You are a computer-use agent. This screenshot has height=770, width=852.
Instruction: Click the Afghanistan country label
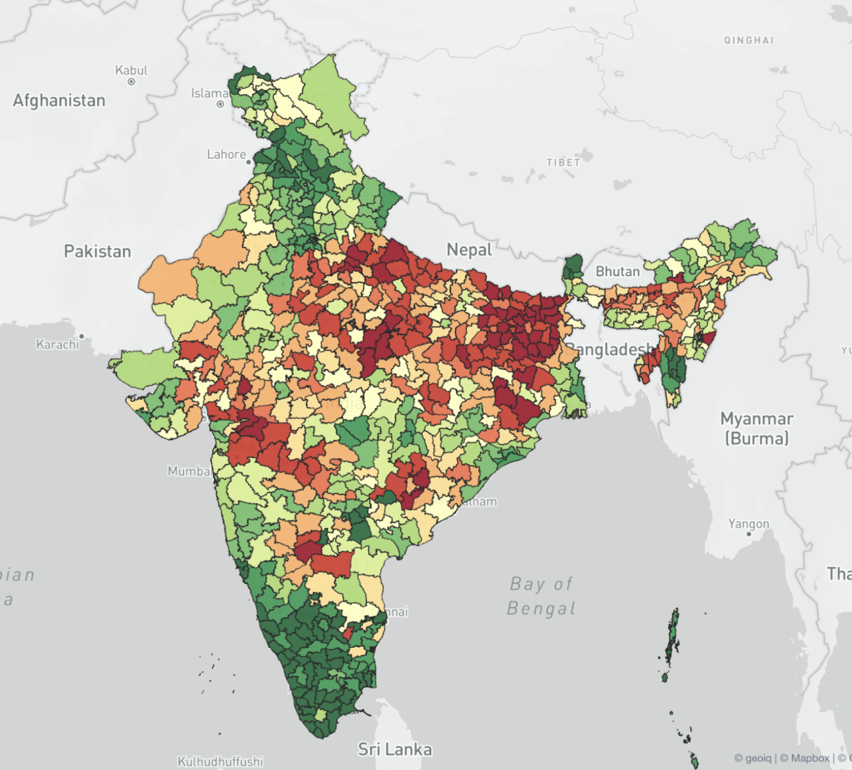59,101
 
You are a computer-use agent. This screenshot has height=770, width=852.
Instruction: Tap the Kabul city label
131,71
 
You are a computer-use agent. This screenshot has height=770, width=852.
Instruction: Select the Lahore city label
226,154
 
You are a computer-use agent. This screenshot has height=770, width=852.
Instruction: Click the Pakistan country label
97,251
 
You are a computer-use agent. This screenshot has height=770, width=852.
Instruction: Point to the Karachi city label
57,343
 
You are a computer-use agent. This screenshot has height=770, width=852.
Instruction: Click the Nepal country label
469,249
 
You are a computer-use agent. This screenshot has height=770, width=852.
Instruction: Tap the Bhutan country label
617,271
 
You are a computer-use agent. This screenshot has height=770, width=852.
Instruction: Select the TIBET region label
563,162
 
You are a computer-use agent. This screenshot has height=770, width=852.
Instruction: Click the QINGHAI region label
749,40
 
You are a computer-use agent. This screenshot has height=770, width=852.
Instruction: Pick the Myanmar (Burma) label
756,428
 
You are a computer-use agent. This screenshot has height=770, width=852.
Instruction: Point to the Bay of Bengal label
542,595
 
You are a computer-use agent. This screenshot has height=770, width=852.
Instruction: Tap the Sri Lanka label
394,749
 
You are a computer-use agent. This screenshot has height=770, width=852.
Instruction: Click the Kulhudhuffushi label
220,761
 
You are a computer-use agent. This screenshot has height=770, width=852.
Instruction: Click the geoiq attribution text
752,758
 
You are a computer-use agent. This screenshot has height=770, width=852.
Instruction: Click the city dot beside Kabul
131,81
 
